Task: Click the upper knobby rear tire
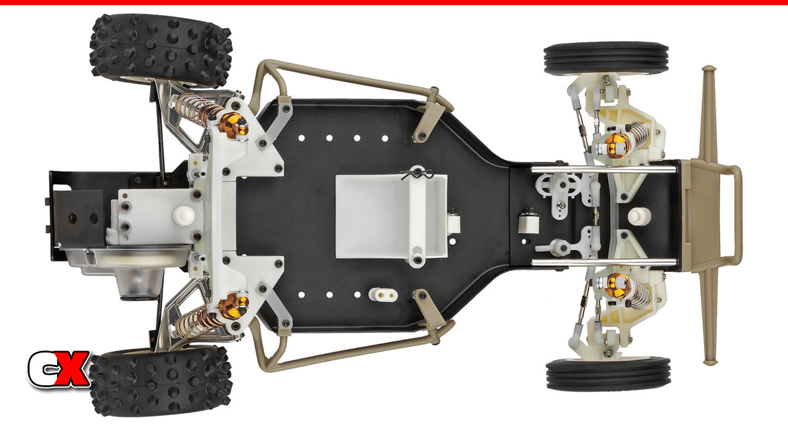pos(161,51)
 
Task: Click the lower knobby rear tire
pos(161,381)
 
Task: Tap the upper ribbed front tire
pos(605,59)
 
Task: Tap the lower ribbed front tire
pos(608,374)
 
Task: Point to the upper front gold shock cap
pos(617,145)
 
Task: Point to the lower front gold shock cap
pos(617,286)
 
